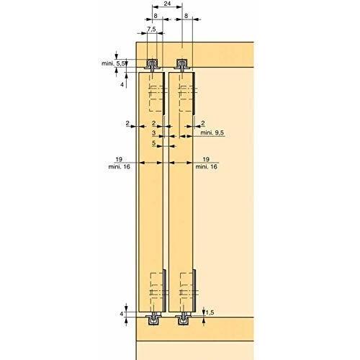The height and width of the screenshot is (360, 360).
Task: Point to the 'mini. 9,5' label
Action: pyautogui.click(x=212, y=132)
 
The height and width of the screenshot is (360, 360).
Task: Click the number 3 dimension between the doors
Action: pyautogui.click(x=153, y=133)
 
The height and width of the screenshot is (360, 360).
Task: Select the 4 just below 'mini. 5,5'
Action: pyautogui.click(x=123, y=84)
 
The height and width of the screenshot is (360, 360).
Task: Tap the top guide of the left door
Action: pyautogui.click(x=152, y=63)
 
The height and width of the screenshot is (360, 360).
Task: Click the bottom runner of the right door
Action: pyautogui.click(x=185, y=318)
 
